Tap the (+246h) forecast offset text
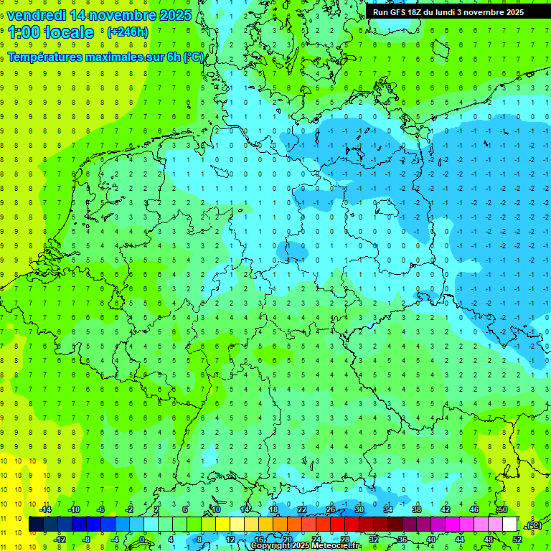(x=128, y=32)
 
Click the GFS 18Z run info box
(x=448, y=12)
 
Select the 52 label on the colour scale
(x=517, y=540)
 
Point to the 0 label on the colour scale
(x=142, y=540)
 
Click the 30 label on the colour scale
(x=359, y=509)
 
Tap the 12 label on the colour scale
(x=230, y=540)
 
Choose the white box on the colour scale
(x=509, y=524)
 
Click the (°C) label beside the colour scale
(x=534, y=525)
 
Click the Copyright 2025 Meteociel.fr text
(x=304, y=546)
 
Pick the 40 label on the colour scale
(x=430, y=540)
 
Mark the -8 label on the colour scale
(x=86, y=540)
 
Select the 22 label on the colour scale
(x=302, y=509)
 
